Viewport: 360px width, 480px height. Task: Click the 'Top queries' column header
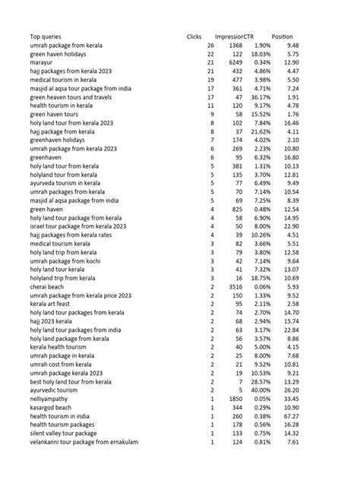tap(46, 37)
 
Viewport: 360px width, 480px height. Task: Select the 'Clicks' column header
tap(194, 37)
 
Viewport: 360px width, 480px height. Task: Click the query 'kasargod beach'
tap(52, 407)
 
